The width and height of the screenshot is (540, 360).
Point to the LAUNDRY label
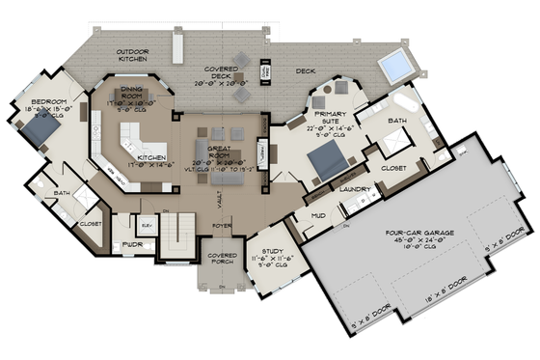tap(356, 189)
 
